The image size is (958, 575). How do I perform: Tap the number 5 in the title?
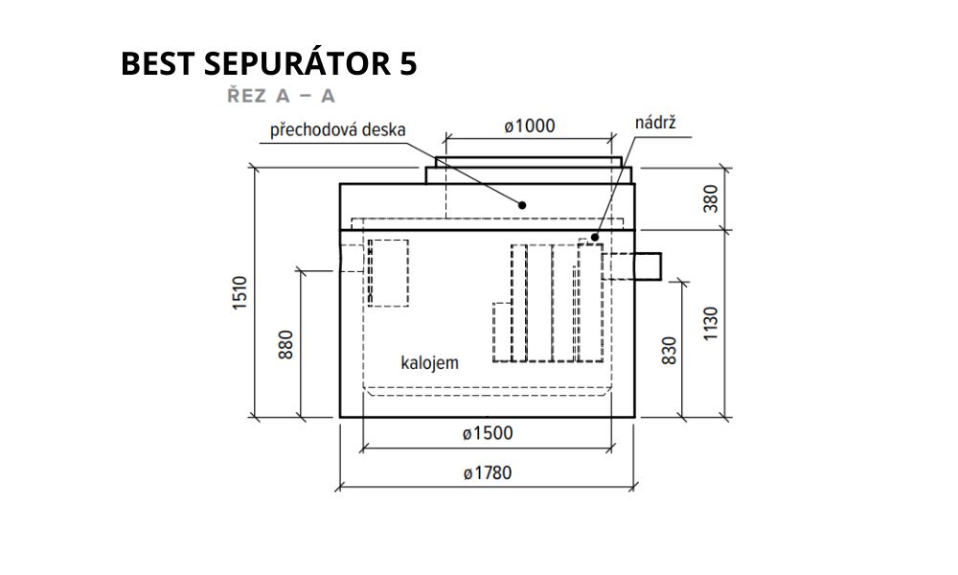coord(409,63)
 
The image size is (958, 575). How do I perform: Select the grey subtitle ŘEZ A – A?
coord(281,95)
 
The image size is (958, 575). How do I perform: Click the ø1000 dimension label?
coord(530,126)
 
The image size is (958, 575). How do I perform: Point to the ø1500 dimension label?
coord(488,433)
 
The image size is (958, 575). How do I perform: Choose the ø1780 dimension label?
coord(487,473)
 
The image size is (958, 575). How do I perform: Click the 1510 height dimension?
coord(240,292)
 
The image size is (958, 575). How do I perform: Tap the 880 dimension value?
coord(285,344)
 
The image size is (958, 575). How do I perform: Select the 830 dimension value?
coord(670,351)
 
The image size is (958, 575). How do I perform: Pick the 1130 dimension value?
coord(711,324)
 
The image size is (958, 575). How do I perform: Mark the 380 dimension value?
coord(711,198)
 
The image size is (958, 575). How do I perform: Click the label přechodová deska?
coord(338,130)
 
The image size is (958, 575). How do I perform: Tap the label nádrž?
coord(655,123)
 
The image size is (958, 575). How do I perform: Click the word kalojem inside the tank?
coord(429,362)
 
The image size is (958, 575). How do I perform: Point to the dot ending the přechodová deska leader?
coord(522,205)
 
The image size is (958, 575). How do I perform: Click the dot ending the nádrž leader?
coord(595,237)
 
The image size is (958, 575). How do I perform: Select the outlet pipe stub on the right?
coord(649,265)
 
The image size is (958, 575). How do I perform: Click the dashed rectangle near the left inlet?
coord(389,272)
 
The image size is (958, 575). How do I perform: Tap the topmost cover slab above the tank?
coord(529,162)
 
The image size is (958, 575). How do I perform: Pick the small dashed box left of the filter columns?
coord(502,332)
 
